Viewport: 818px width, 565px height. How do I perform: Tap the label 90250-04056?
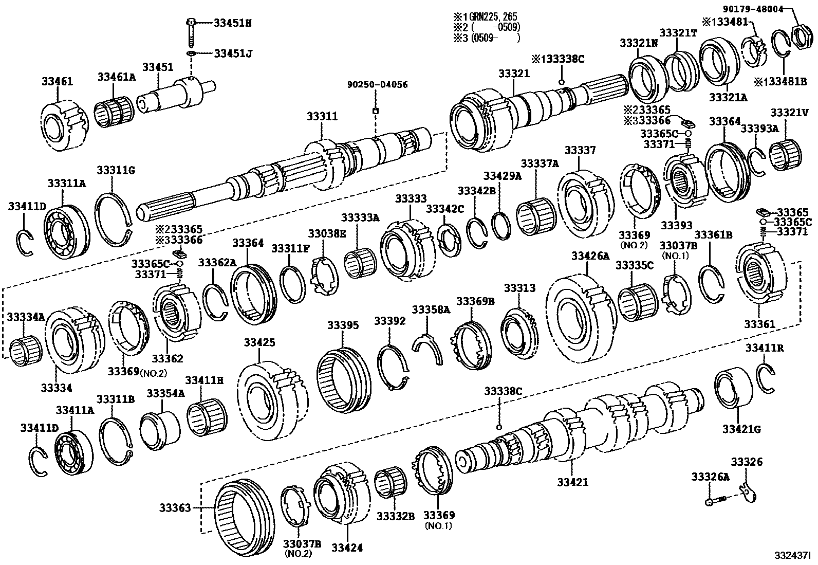pyautogui.click(x=377, y=84)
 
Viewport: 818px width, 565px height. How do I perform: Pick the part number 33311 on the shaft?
pyautogui.click(x=322, y=117)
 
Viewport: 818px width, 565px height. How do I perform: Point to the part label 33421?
pyautogui.click(x=572, y=483)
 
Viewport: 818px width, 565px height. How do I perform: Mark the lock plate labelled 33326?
pyautogui.click(x=748, y=493)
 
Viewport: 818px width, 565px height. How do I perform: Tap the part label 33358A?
pyautogui.click(x=431, y=309)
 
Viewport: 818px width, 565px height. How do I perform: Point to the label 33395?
pyautogui.click(x=343, y=325)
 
